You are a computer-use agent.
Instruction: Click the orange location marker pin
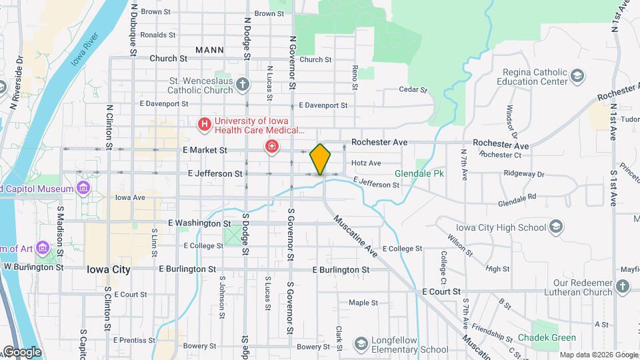click(x=321, y=159)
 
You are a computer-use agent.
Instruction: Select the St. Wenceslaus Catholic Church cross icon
click(x=243, y=84)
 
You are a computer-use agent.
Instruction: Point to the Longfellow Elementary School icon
click(x=361, y=343)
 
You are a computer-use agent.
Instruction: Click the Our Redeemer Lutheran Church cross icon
click(x=622, y=286)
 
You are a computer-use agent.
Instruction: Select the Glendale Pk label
click(x=419, y=173)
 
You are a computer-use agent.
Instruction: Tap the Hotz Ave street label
click(x=366, y=163)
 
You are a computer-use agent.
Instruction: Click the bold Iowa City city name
click(x=109, y=269)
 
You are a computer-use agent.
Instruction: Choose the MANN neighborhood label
click(x=209, y=50)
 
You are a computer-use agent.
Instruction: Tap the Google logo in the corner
click(x=21, y=352)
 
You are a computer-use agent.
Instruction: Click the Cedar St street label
click(x=412, y=89)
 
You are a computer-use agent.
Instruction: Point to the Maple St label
click(x=363, y=303)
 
